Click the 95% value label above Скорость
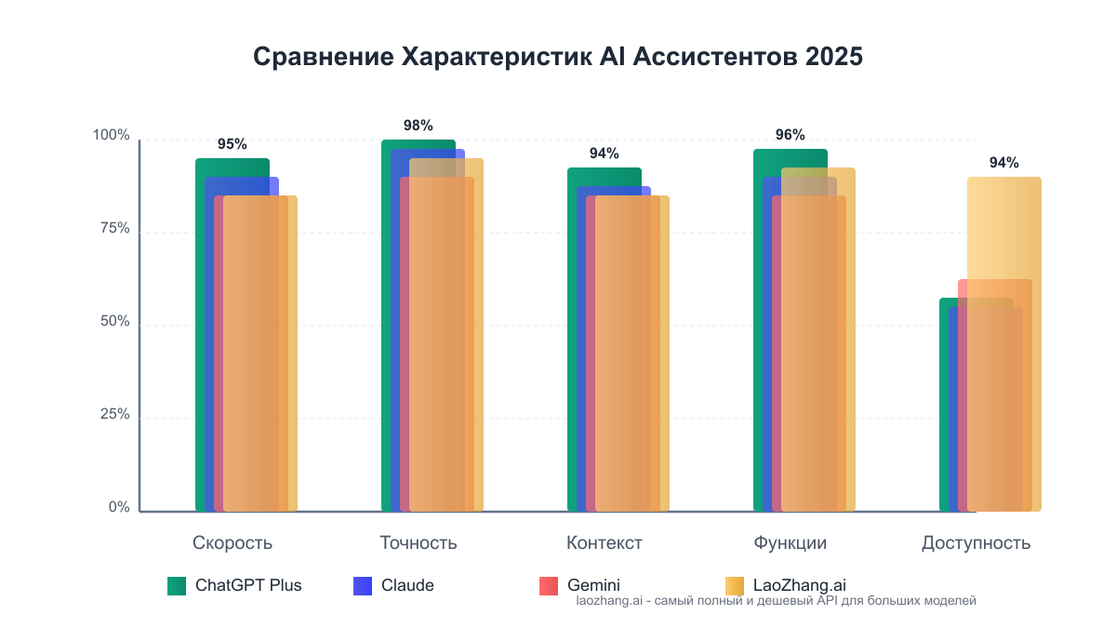(x=232, y=144)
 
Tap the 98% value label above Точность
(x=418, y=126)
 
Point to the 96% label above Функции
(x=790, y=135)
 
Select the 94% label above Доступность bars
(x=1003, y=163)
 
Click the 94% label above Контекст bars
(x=604, y=154)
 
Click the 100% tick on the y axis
(x=112, y=136)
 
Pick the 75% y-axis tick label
(x=115, y=229)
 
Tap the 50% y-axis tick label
(x=115, y=322)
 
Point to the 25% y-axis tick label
(x=115, y=415)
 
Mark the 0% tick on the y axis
(x=119, y=507)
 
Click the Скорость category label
(x=232, y=543)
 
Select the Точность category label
(x=418, y=543)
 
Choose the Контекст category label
(x=604, y=543)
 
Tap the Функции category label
(x=790, y=543)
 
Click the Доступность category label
(x=976, y=543)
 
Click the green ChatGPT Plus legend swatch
(x=177, y=586)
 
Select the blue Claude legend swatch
(x=363, y=586)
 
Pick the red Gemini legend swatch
(x=549, y=586)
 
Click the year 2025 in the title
(x=834, y=57)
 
